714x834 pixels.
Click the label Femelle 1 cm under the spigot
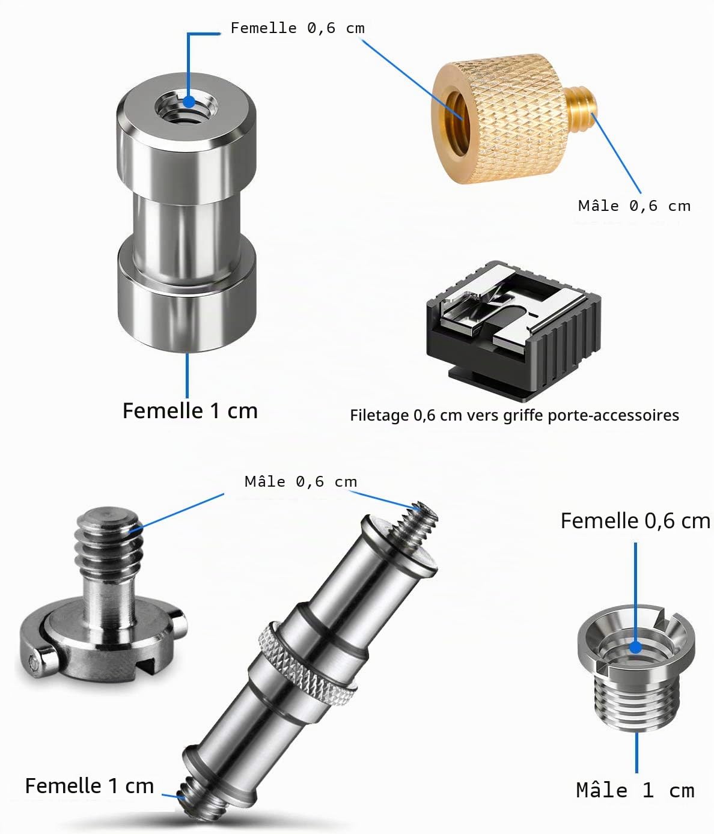[x=190, y=411]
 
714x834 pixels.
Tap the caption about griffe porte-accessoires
[x=514, y=416]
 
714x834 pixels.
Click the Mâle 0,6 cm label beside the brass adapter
[x=634, y=205]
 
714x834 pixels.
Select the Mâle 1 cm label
[x=635, y=790]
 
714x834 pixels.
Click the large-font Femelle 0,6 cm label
[x=635, y=520]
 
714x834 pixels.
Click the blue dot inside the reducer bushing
[x=635, y=648]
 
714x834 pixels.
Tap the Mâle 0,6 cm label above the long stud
[x=301, y=481]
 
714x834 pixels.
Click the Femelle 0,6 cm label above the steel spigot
[x=297, y=28]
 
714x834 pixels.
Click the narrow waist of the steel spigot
[x=186, y=234]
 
